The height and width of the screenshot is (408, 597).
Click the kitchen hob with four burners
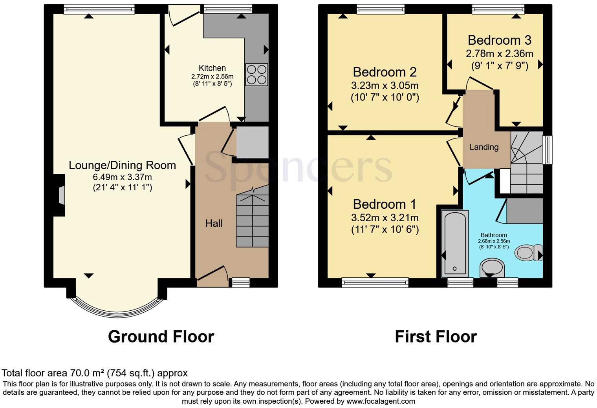click(256, 75)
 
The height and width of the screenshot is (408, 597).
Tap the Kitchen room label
click(212, 68)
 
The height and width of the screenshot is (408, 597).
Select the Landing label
click(484, 147)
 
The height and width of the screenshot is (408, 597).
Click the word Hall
click(214, 223)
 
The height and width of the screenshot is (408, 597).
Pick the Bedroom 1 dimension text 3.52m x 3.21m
click(385, 217)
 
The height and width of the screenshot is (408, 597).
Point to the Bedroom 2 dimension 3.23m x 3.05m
click(385, 85)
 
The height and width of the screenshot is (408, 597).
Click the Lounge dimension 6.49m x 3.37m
click(122, 177)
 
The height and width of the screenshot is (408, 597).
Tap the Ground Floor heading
click(161, 337)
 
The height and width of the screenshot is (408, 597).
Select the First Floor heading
click(436, 337)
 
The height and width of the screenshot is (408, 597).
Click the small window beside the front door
click(240, 282)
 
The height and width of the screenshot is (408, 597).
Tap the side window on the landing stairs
click(547, 150)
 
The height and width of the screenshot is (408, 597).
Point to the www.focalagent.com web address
click(381, 401)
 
